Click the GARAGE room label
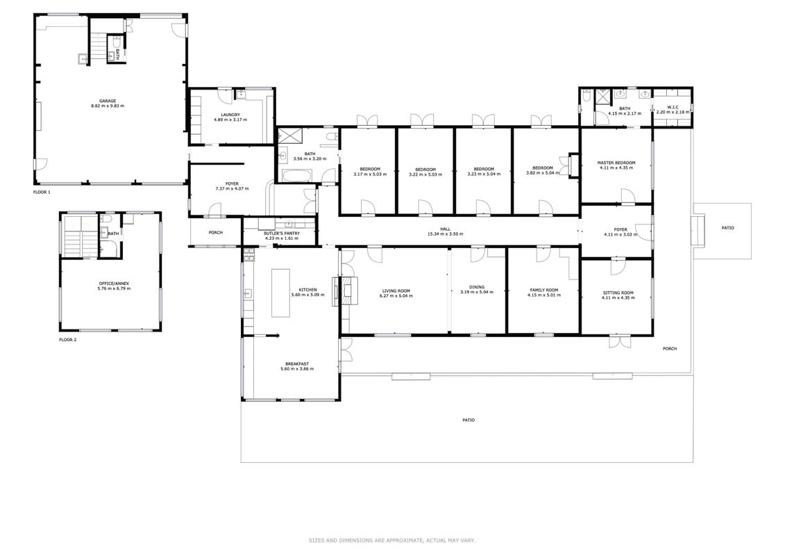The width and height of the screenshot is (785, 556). point(108,101)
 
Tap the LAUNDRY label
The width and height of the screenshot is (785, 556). point(230,115)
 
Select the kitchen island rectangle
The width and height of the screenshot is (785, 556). point(280,293)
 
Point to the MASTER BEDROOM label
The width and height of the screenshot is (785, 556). point(616,163)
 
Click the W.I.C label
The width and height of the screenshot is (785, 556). point(673,107)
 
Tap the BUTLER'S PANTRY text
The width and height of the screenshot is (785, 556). point(282,233)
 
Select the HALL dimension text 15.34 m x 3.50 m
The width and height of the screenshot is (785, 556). point(445,234)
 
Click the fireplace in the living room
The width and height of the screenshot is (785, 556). point(347,291)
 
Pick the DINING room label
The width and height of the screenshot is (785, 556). point(477,287)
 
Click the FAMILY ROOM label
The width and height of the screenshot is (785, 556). point(544,291)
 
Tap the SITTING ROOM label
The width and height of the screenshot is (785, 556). point(618,293)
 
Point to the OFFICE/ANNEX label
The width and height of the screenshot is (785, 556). point(114,284)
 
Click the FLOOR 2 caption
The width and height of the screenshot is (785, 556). point(67,340)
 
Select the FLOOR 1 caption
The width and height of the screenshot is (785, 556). point(42,192)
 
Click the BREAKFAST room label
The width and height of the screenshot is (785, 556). point(297,364)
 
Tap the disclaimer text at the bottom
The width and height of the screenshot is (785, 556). point(392,541)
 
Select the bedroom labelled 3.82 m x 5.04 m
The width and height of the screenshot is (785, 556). point(543,170)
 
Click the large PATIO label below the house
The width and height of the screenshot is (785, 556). point(468,420)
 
